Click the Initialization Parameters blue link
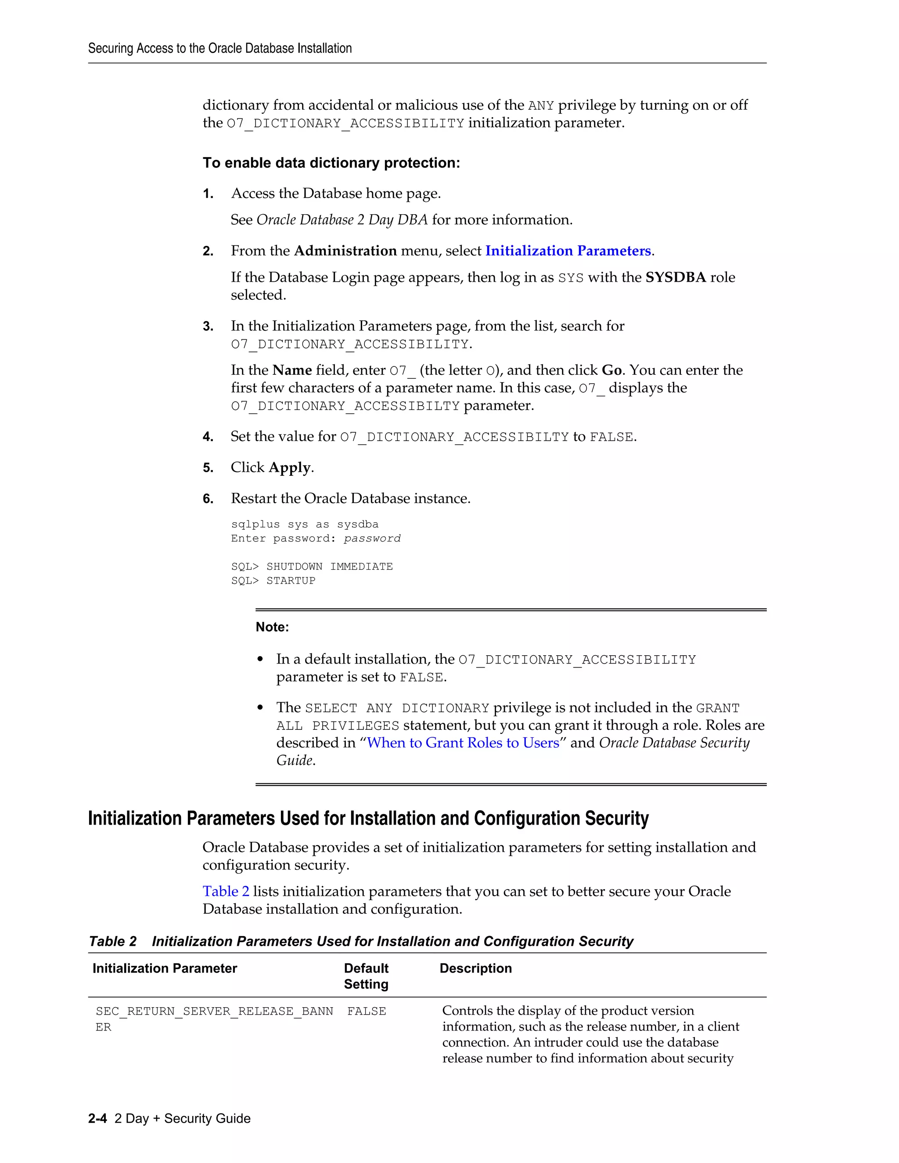pyautogui.click(x=568, y=251)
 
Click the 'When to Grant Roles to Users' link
pyautogui.click(x=463, y=743)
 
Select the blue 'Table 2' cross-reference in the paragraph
pyautogui.click(x=226, y=891)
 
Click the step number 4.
pyautogui.click(x=208, y=437)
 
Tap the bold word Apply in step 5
pyautogui.click(x=290, y=467)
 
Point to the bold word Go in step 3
pyautogui.click(x=611, y=370)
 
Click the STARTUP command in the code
pyautogui.click(x=291, y=581)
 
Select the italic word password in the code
pyautogui.click(x=372, y=538)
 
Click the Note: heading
pyautogui.click(x=272, y=627)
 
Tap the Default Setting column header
pyautogui.click(x=367, y=976)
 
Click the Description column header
pyautogui.click(x=475, y=968)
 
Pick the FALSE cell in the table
pyautogui.click(x=367, y=1011)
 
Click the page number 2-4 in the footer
pyautogui.click(x=97, y=1118)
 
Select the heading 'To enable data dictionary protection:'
pyautogui.click(x=331, y=163)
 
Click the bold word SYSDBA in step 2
pyautogui.click(x=675, y=277)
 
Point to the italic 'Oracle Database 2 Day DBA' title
pyautogui.click(x=342, y=220)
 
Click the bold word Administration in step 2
pyautogui.click(x=345, y=251)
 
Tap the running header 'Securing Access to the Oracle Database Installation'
pyautogui.click(x=220, y=48)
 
